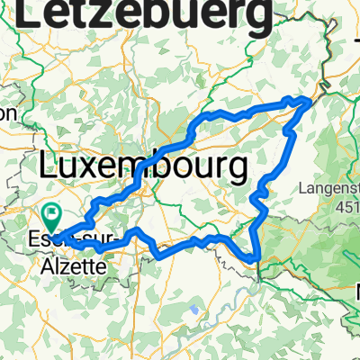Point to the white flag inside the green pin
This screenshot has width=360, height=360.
[51, 214]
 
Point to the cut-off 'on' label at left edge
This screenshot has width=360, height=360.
[8, 113]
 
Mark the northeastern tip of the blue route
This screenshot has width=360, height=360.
[311, 101]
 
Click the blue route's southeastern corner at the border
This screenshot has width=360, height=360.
[258, 262]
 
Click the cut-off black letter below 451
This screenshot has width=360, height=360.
[355, 291]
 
